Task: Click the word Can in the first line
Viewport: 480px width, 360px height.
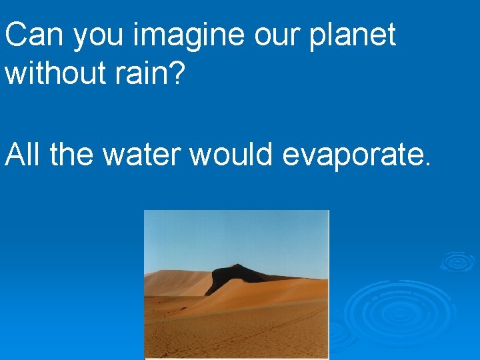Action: [35, 35]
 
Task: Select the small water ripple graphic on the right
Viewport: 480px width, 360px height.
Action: [457, 261]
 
